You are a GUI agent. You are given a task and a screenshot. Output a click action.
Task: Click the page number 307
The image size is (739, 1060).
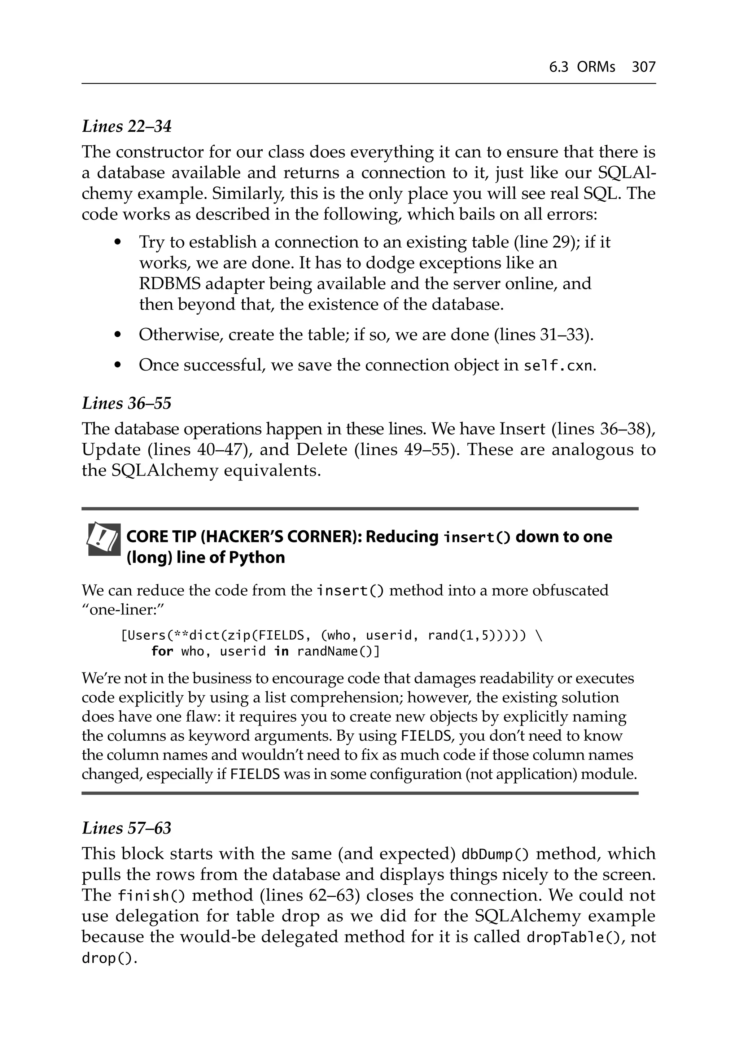[643, 67]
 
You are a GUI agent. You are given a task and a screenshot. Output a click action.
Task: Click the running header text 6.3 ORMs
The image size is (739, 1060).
[582, 67]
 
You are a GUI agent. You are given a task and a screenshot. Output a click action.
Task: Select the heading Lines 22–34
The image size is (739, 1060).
[127, 126]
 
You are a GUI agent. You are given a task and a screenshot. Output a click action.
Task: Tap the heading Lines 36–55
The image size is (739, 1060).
[127, 403]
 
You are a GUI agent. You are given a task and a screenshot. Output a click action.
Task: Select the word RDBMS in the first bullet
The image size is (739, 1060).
[170, 284]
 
